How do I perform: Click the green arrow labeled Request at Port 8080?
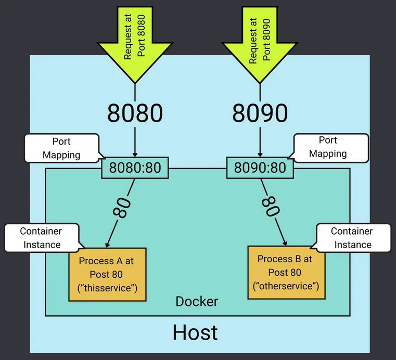(135, 39)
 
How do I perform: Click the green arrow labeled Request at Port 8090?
(260, 39)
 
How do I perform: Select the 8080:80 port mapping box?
(135, 168)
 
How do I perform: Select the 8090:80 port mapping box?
(260, 168)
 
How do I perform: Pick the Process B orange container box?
(285, 272)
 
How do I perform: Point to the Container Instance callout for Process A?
(40, 237)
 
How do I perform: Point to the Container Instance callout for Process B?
(352, 237)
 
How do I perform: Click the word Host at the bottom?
(195, 331)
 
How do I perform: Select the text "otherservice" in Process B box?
(285, 286)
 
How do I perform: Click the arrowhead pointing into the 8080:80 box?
(135, 155)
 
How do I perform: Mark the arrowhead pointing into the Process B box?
(284, 242)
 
